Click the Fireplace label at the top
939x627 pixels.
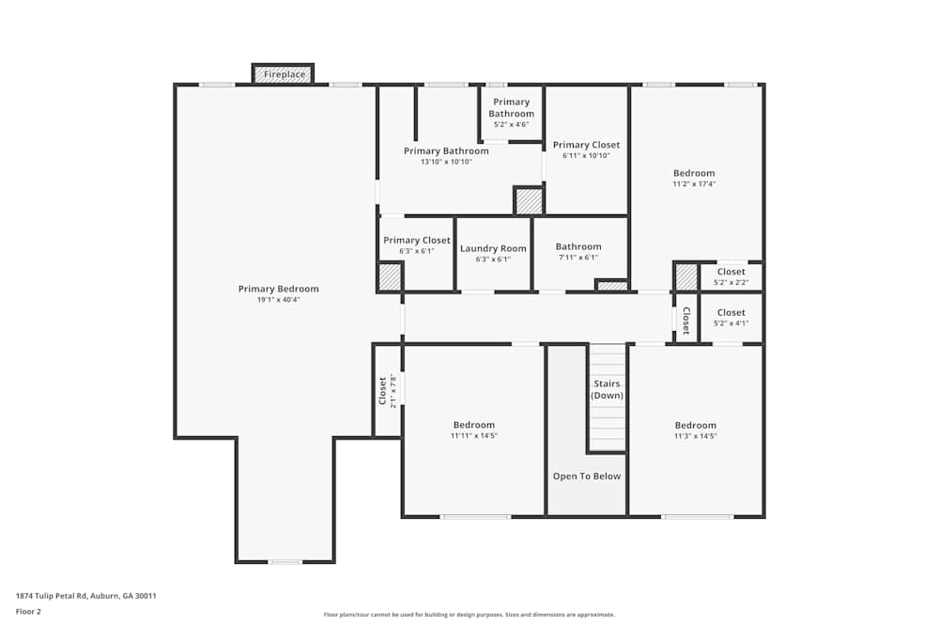pyautogui.click(x=284, y=74)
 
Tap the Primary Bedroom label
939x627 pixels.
pyautogui.click(x=278, y=289)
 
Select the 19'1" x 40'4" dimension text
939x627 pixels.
pyautogui.click(x=278, y=300)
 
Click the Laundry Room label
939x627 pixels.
pyautogui.click(x=493, y=248)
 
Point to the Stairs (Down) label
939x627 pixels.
pyautogui.click(x=607, y=389)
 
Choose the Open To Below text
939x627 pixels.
pyautogui.click(x=587, y=477)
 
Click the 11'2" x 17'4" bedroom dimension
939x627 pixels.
pyautogui.click(x=694, y=184)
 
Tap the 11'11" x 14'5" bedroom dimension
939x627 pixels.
pyautogui.click(x=473, y=436)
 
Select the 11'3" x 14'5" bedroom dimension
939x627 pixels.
pyautogui.click(x=695, y=436)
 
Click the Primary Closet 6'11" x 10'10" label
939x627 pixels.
pyautogui.click(x=586, y=145)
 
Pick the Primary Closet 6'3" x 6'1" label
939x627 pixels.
pyautogui.click(x=417, y=241)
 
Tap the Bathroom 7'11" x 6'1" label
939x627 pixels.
pyautogui.click(x=578, y=247)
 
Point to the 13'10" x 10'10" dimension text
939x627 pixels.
pyautogui.click(x=446, y=162)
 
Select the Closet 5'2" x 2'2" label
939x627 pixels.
pyautogui.click(x=731, y=272)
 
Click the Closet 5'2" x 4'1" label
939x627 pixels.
pyautogui.click(x=731, y=312)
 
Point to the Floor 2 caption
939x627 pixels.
pyautogui.click(x=28, y=611)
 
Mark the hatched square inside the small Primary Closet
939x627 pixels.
pyautogui.click(x=389, y=277)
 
